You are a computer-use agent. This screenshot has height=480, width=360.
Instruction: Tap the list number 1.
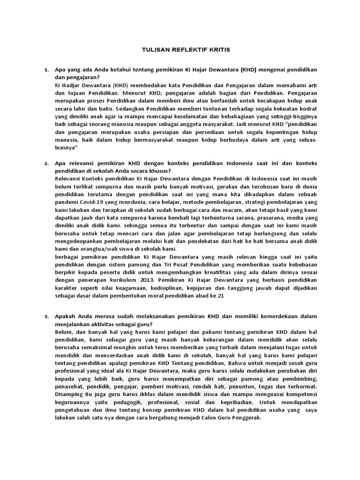click(45, 70)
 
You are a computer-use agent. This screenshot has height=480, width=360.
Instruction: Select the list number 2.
click(45, 163)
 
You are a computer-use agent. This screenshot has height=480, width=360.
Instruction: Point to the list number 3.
click(45, 317)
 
